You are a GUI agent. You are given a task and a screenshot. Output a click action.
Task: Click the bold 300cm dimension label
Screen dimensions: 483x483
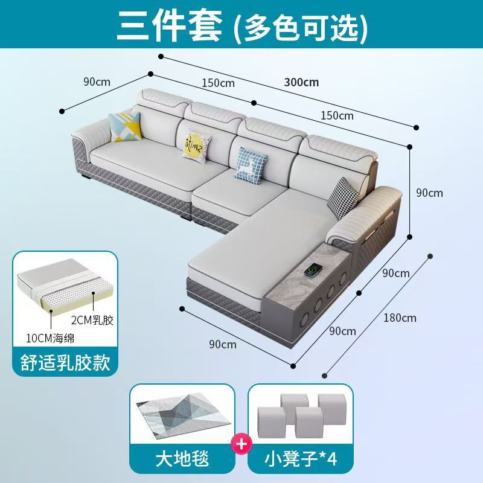(x=301, y=83)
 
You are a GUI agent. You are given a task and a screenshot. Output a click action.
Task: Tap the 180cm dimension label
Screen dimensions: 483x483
(x=400, y=318)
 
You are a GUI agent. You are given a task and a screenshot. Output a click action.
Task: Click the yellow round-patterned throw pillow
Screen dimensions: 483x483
(x=196, y=146)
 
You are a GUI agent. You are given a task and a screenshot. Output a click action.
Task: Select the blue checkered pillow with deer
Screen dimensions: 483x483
(x=251, y=165)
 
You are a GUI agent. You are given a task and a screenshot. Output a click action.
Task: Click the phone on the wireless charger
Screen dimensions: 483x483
(x=313, y=270)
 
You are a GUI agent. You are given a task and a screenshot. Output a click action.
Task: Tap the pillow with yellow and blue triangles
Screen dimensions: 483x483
(x=125, y=127)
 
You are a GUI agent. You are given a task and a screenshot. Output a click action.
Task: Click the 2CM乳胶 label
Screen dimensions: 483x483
(x=92, y=321)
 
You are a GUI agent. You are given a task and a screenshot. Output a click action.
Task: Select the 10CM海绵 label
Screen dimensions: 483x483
(x=50, y=339)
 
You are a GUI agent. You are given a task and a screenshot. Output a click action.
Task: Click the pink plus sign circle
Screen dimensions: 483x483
(x=241, y=444)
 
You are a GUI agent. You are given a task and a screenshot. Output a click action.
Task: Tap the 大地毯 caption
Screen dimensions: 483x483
(x=182, y=459)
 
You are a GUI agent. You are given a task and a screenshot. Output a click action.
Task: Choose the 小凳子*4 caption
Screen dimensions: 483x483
(x=301, y=459)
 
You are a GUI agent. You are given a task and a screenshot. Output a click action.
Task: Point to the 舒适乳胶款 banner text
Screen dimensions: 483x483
(x=65, y=362)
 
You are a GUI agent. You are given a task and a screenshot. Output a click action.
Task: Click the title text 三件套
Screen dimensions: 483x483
(x=170, y=26)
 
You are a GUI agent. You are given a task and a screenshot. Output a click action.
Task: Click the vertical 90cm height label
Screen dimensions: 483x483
(x=429, y=193)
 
